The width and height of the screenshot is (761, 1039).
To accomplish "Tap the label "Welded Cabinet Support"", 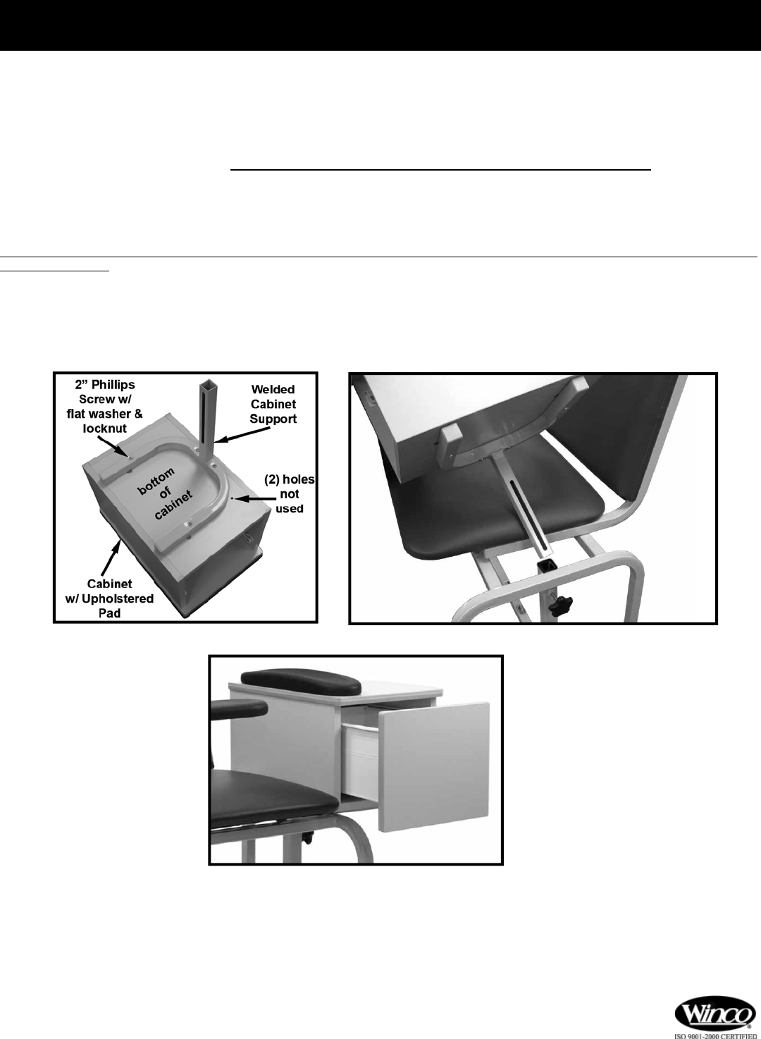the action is click(x=273, y=404).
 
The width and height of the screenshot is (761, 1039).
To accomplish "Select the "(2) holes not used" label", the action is click(x=290, y=494).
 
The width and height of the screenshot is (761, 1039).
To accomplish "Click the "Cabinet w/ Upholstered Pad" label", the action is click(x=109, y=598).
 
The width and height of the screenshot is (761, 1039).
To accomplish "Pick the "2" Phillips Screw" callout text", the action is click(x=105, y=392).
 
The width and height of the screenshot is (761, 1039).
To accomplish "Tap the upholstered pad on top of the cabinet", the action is click(x=301, y=682).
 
